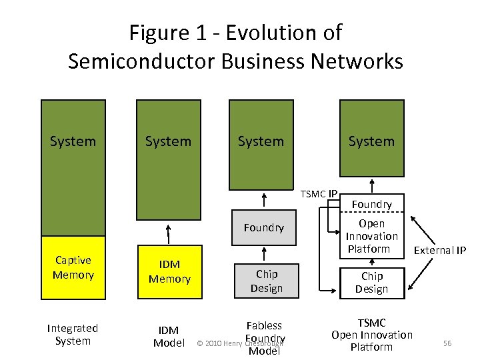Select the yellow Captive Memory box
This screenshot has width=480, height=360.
(x=73, y=267)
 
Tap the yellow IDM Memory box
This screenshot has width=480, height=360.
(x=169, y=272)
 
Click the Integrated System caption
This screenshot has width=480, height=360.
(x=73, y=334)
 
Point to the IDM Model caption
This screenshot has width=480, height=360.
(x=168, y=336)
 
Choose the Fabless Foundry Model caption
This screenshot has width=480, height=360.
(x=265, y=337)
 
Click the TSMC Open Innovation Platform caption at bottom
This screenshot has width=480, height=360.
(x=371, y=335)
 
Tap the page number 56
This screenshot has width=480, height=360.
(x=447, y=343)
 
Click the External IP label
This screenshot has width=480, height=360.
(x=440, y=251)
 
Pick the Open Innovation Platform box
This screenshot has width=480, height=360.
(x=371, y=236)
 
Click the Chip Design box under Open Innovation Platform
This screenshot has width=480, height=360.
(x=371, y=282)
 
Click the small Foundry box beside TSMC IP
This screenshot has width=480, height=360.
(x=371, y=204)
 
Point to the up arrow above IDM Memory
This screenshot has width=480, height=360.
(x=169, y=234)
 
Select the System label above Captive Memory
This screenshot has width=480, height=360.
(x=73, y=141)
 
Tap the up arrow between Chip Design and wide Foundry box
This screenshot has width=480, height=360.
(x=265, y=253)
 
